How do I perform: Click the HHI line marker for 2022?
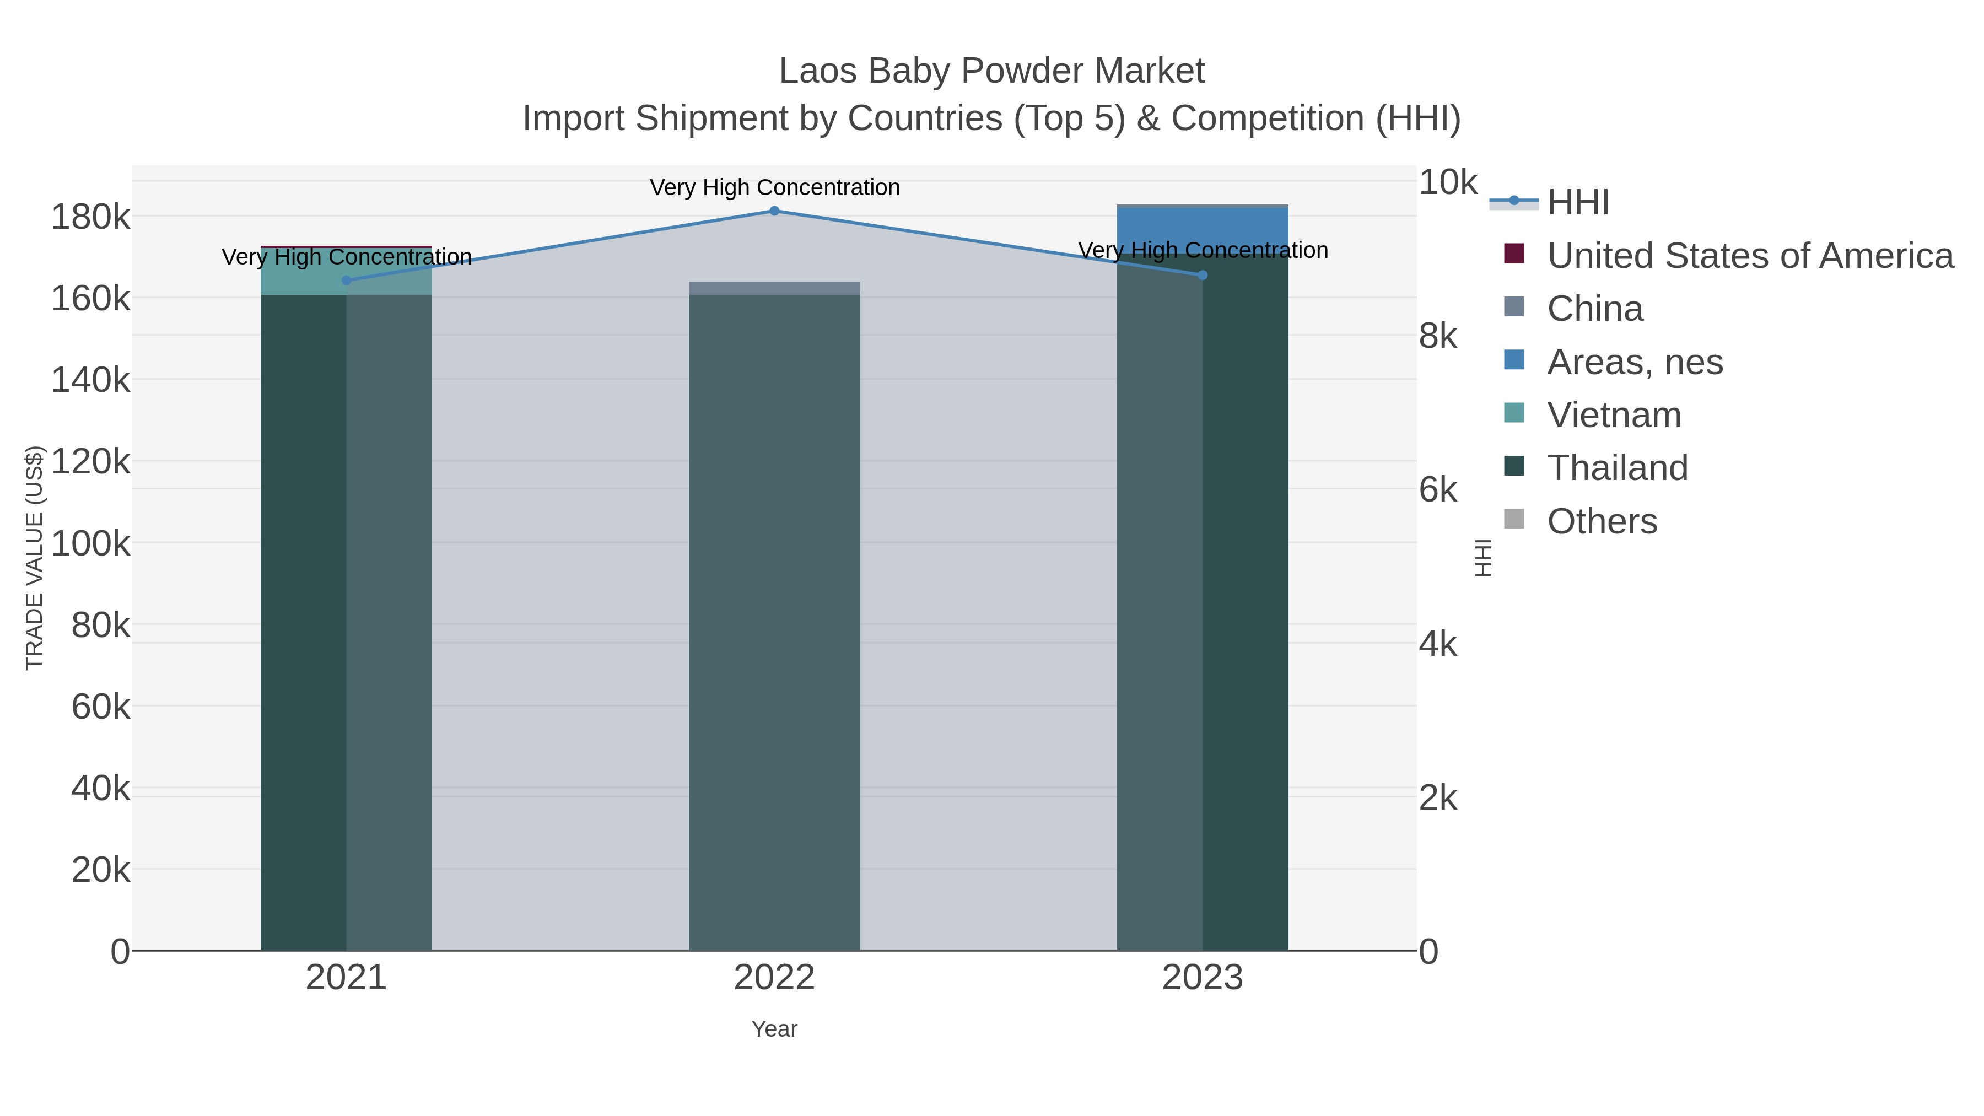[x=774, y=211]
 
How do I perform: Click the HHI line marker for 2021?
[x=347, y=281]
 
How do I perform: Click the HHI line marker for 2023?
[x=1203, y=275]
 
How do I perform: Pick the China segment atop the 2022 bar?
[x=774, y=288]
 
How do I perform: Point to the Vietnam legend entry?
[x=1614, y=415]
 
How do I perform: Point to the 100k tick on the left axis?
[x=90, y=544]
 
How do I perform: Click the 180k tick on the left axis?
[x=90, y=217]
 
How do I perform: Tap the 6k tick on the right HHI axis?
[x=1438, y=490]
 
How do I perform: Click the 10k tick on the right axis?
[x=1447, y=182]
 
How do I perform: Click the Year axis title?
[x=774, y=1029]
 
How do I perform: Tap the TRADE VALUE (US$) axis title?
[x=35, y=558]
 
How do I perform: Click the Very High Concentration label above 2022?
[x=774, y=187]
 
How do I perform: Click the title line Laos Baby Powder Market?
[x=991, y=71]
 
